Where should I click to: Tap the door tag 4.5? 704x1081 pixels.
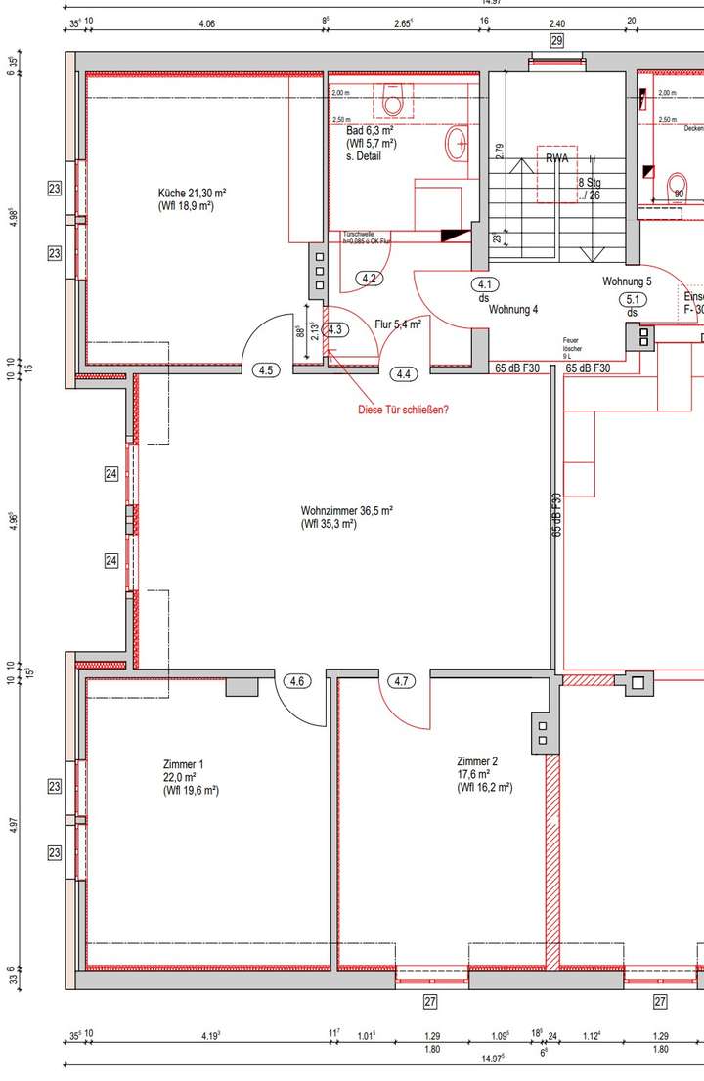(265, 369)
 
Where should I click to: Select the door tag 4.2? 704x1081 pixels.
(370, 279)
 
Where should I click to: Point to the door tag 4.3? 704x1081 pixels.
(335, 329)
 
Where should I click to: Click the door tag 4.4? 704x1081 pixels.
(403, 372)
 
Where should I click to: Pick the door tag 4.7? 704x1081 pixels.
(401, 681)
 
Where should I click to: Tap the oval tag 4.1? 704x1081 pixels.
(484, 284)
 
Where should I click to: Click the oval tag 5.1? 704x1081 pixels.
(633, 300)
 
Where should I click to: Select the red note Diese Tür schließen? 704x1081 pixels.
(404, 411)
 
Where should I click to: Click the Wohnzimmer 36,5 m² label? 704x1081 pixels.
(347, 510)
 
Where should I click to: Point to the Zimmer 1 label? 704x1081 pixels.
(184, 764)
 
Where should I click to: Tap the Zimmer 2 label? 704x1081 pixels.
(477, 761)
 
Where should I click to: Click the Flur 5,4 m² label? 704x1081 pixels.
(398, 324)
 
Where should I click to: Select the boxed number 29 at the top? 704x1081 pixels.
(557, 40)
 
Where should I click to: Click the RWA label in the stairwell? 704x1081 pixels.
(558, 158)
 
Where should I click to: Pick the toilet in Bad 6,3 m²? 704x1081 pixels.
(394, 102)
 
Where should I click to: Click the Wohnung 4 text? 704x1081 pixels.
(514, 310)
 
